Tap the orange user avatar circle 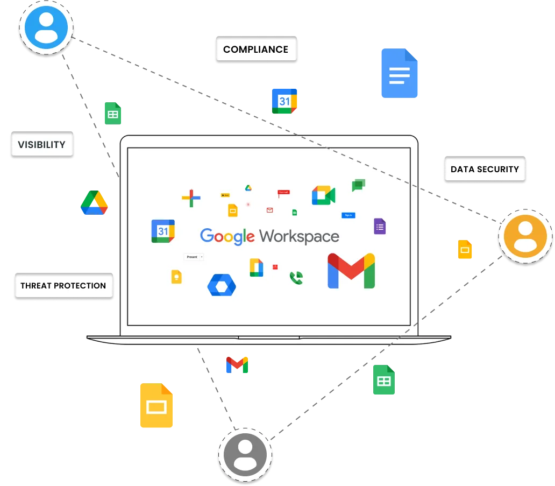tap(525, 237)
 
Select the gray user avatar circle tap(245, 455)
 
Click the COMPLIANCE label tap(255, 50)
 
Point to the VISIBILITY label tap(41, 145)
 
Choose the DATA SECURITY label tap(484, 169)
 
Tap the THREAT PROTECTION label tap(63, 285)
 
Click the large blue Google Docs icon tap(399, 73)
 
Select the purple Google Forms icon tap(380, 226)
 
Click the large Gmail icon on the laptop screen tap(351, 270)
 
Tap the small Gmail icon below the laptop tap(237, 364)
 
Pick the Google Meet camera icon tap(323, 195)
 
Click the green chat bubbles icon tap(359, 185)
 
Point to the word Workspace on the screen tap(299, 236)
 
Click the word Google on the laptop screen tap(227, 236)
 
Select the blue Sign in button tap(348, 215)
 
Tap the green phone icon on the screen tap(296, 278)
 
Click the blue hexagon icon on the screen tap(222, 285)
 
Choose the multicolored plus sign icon tap(191, 198)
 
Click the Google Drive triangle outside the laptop tap(95, 203)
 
